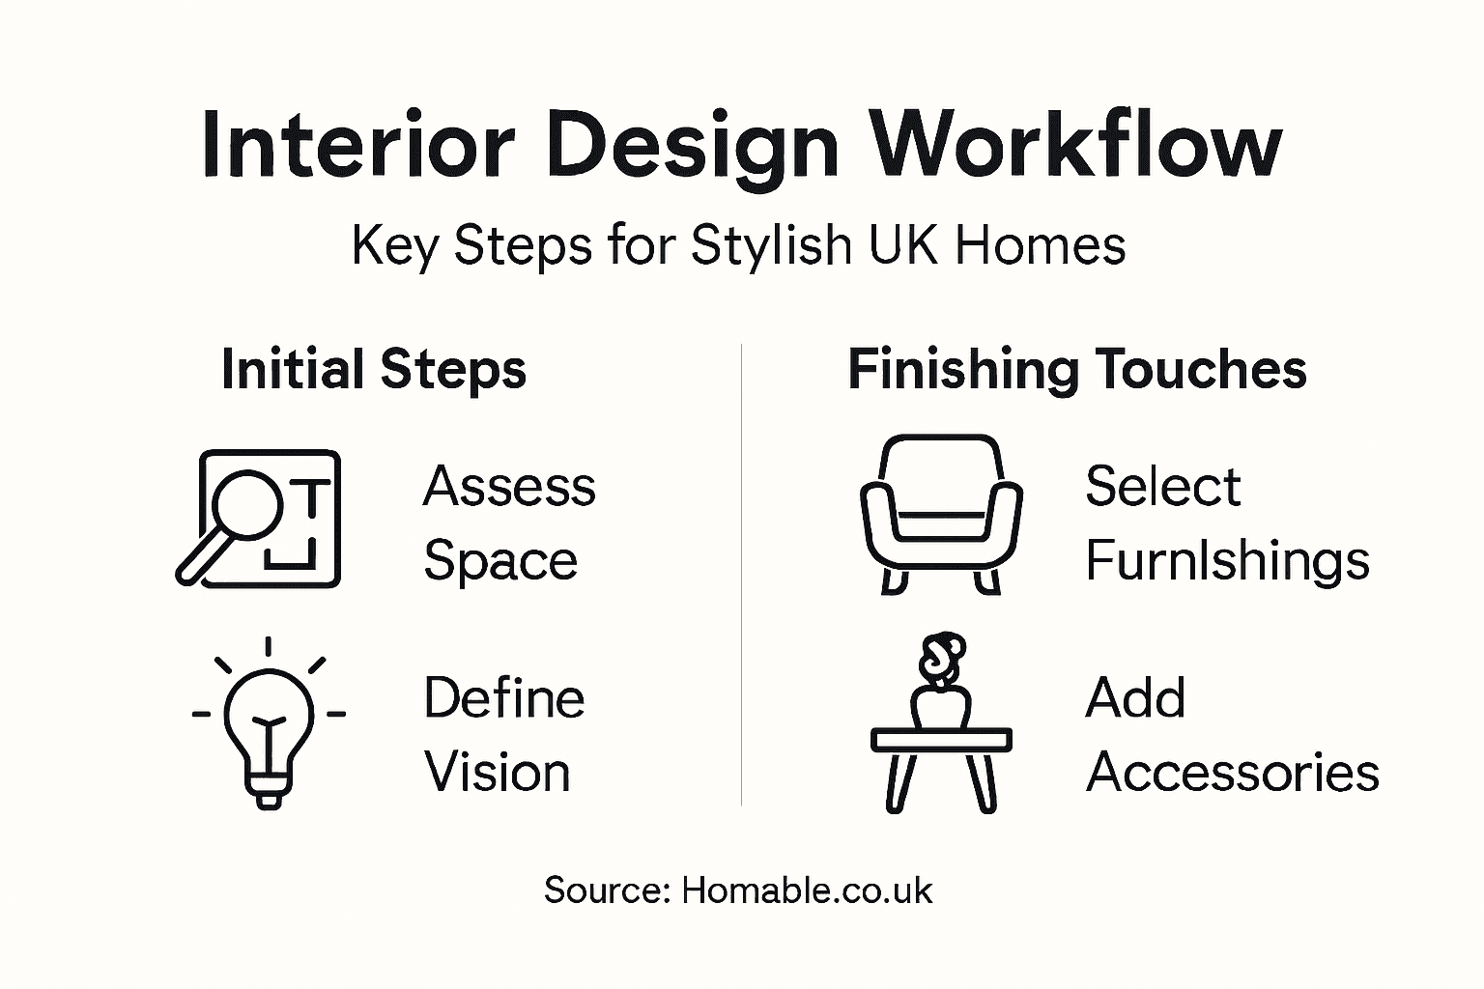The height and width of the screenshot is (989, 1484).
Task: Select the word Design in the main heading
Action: [x=692, y=147]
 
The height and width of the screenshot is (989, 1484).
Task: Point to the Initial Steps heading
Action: [x=374, y=370]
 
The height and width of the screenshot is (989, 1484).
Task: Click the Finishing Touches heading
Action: [x=1076, y=370]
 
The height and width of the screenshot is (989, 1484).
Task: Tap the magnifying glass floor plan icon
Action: [x=259, y=519]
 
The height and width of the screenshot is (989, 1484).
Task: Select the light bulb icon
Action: [x=269, y=724]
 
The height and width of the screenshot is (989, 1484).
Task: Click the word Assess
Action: [x=509, y=486]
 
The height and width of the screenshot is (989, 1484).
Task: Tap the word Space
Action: [x=500, y=561]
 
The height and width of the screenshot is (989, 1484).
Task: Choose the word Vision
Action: [x=498, y=773]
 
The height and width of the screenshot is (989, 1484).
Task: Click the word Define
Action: [x=504, y=698]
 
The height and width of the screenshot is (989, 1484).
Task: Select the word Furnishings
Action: [x=1227, y=561]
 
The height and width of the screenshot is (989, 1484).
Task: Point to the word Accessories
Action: [x=1233, y=773]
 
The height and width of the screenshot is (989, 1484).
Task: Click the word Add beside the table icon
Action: [x=1135, y=698]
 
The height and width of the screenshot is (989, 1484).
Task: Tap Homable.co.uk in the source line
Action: [x=807, y=890]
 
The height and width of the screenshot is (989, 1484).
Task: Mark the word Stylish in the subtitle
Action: [x=771, y=245]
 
